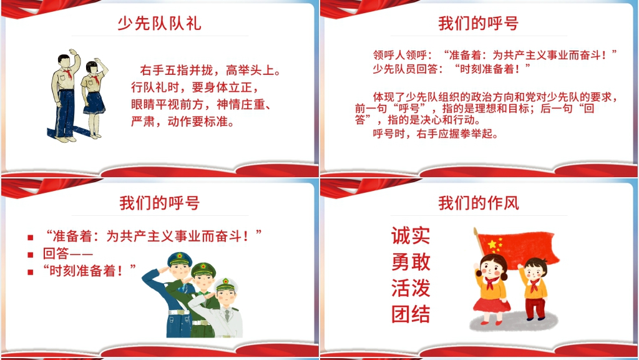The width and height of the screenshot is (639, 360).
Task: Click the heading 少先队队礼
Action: tap(159, 23)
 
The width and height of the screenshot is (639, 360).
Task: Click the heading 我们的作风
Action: tap(479, 203)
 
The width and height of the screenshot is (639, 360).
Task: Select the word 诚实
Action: tap(411, 235)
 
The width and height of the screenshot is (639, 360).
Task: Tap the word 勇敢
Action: tap(411, 262)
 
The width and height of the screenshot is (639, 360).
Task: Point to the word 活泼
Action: tap(411, 288)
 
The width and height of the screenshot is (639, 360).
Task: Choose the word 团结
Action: tap(411, 314)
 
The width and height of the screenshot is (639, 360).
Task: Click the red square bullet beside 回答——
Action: tap(30, 255)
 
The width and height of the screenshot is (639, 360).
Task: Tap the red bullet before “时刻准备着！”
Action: tap(30, 271)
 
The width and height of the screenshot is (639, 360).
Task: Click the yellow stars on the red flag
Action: tap(494, 245)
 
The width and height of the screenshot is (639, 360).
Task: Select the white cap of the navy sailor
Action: tap(226, 285)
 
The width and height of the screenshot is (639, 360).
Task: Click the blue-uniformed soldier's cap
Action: tap(179, 259)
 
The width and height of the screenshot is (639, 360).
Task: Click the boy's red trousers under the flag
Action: tap(535, 308)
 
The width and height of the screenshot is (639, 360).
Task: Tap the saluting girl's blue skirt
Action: tap(94, 102)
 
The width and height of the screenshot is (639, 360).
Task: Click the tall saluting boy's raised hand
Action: tap(73, 52)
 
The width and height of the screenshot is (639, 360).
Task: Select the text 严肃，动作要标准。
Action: tap(183, 122)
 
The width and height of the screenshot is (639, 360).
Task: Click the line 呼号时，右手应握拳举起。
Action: tap(436, 134)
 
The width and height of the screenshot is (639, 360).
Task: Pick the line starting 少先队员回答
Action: tap(452, 69)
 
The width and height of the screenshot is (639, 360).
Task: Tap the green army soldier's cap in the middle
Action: tap(203, 270)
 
